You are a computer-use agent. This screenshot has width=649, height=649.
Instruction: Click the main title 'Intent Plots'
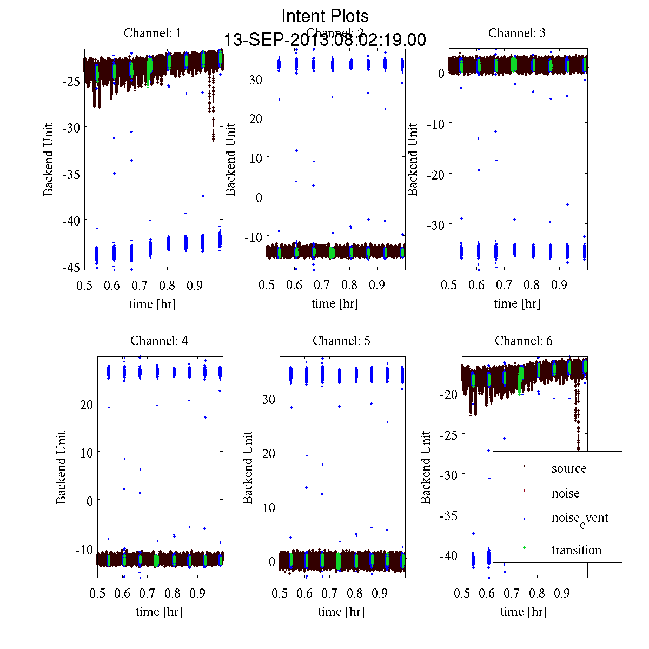[325, 16]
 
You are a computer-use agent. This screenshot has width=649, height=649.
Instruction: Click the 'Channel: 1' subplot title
[153, 34]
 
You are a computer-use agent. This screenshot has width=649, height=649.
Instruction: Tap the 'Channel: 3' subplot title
[516, 34]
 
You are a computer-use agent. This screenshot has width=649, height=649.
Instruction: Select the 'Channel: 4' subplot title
[159, 341]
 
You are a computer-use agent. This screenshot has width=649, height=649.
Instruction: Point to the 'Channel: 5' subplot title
[341, 341]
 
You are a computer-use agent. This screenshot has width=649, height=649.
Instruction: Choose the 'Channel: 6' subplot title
[524, 341]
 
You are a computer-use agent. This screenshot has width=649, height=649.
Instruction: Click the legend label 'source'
[568, 469]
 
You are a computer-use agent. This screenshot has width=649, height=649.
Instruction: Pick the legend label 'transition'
[576, 551]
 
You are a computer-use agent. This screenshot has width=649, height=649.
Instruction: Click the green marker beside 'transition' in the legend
[524, 548]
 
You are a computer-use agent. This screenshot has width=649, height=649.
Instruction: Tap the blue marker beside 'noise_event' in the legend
[524, 519]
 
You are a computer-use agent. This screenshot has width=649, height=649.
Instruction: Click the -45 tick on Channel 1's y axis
[71, 267]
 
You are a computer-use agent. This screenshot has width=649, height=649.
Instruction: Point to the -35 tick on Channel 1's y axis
[71, 174]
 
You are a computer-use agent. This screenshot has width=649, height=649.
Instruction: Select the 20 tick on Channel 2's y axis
[256, 118]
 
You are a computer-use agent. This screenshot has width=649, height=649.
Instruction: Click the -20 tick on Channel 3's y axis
[435, 174]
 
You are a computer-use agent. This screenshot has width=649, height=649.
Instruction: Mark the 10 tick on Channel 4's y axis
[87, 453]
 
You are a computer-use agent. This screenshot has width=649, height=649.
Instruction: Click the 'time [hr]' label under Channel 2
[334, 304]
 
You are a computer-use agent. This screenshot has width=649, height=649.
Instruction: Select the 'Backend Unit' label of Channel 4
[62, 467]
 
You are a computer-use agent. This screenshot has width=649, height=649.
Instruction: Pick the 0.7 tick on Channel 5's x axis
[329, 594]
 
